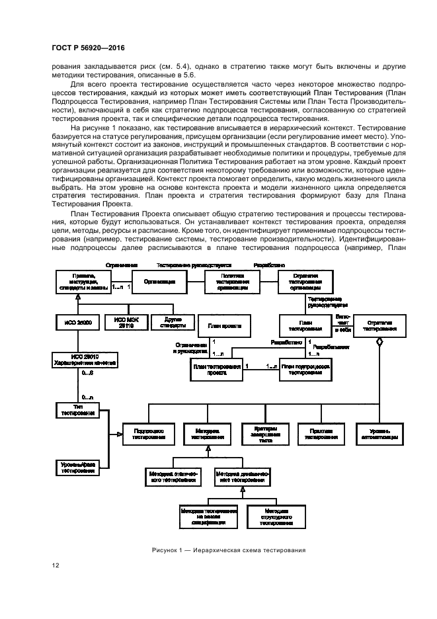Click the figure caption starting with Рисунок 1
pos(227,549)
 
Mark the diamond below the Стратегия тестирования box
pos(379,342)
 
